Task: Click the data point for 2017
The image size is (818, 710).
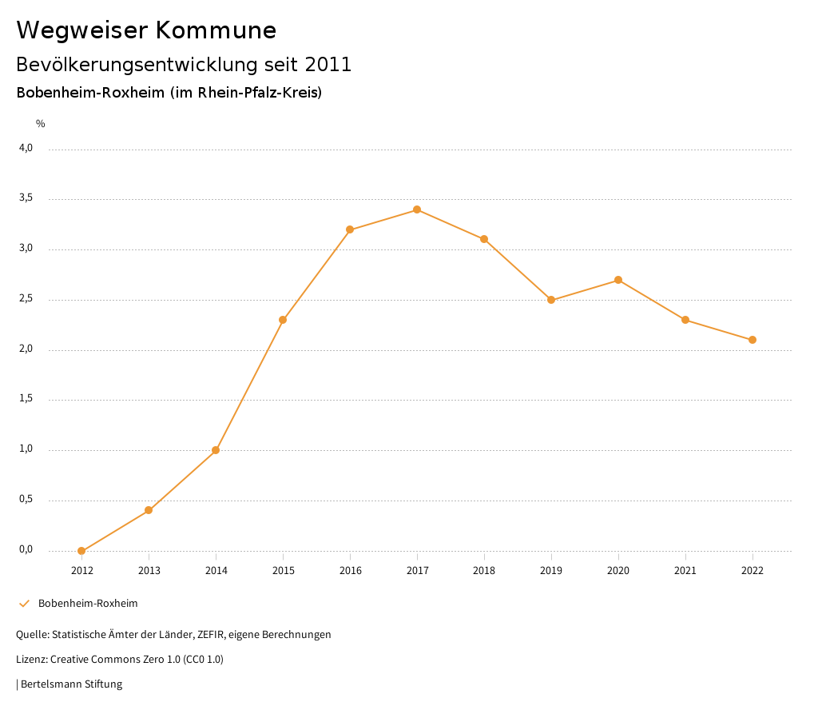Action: click(417, 209)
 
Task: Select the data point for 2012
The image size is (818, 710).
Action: click(81, 551)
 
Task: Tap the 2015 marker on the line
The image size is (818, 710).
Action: click(283, 320)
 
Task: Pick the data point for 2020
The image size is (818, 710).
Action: click(618, 280)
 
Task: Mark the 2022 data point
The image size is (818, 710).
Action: click(752, 340)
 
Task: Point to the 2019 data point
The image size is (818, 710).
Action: click(551, 300)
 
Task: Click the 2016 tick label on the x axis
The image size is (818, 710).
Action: click(350, 571)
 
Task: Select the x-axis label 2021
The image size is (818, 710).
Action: click(685, 571)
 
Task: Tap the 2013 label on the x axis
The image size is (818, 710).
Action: click(149, 571)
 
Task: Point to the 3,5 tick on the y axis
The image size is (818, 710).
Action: click(26, 198)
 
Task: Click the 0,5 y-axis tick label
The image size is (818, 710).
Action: click(26, 500)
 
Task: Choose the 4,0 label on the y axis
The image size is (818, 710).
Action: click(26, 148)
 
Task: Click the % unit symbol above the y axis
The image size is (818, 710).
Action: click(41, 124)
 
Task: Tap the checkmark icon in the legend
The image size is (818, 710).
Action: click(24, 604)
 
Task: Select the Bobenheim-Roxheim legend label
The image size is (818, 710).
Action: click(88, 604)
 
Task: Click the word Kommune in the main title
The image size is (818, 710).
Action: click(216, 30)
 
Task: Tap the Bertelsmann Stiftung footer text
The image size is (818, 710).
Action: click(71, 684)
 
